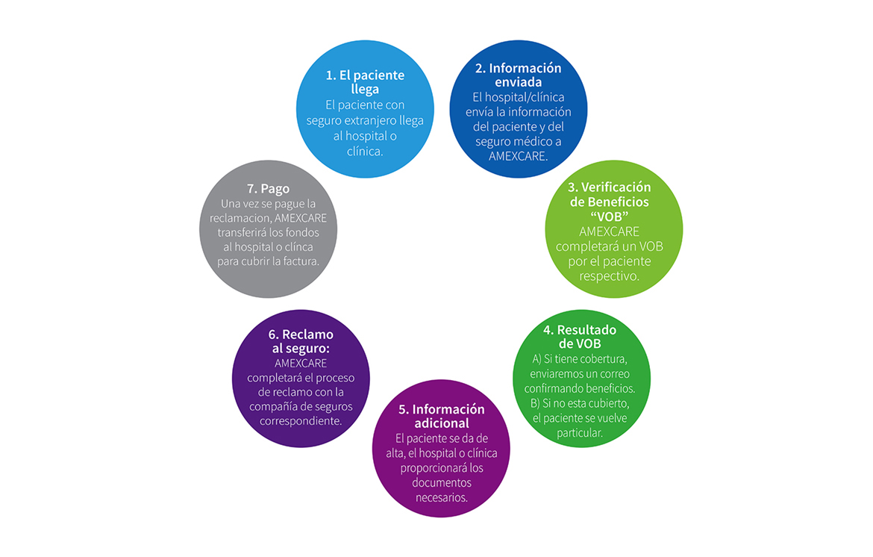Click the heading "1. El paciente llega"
point(365,82)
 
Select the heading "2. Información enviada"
point(518,75)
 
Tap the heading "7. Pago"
point(268,189)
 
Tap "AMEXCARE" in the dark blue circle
point(518,157)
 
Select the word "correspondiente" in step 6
point(301,420)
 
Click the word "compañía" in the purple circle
point(280,406)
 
